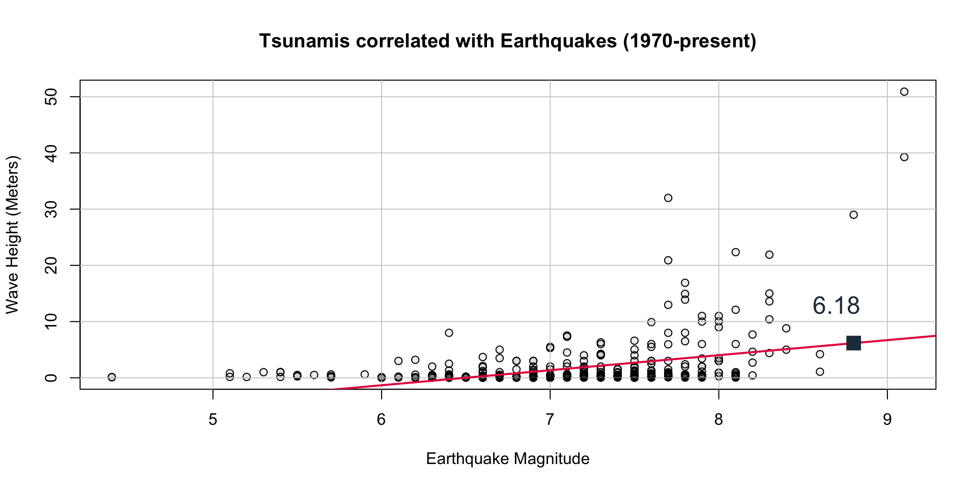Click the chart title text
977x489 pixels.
507,41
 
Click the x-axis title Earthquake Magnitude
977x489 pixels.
507,459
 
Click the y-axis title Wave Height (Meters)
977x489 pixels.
12,235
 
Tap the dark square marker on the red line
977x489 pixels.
853,343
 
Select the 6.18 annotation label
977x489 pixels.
836,306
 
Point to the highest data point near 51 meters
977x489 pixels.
904,92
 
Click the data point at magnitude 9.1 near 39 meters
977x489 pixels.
904,157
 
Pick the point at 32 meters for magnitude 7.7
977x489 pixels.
668,198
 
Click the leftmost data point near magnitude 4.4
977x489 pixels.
112,377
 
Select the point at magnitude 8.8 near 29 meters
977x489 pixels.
853,215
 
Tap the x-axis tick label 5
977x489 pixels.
213,420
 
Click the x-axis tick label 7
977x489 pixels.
550,420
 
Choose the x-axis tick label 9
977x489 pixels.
887,420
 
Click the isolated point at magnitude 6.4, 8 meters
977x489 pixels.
449,333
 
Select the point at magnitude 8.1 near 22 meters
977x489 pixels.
735,252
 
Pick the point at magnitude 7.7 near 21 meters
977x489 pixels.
668,260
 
